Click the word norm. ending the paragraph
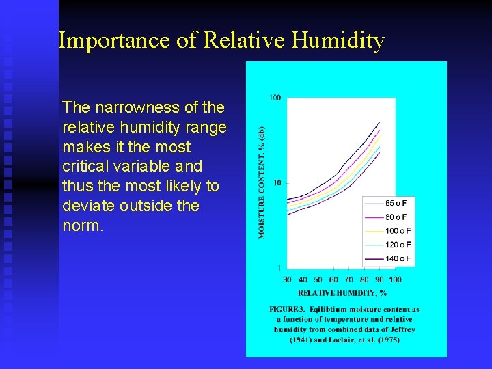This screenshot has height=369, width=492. coord(83,225)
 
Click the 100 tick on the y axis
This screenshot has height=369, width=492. coord(274,98)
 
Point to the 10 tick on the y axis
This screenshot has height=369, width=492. coord(276,182)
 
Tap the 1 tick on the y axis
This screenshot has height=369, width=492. coord(279,267)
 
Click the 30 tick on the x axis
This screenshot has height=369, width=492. coord(288,279)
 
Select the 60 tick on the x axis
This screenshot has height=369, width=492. coord(333,279)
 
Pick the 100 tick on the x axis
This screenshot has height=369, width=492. coord(395,279)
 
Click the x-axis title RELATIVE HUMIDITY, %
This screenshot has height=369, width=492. coord(342,293)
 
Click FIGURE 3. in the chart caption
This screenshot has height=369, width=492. coord(288,310)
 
